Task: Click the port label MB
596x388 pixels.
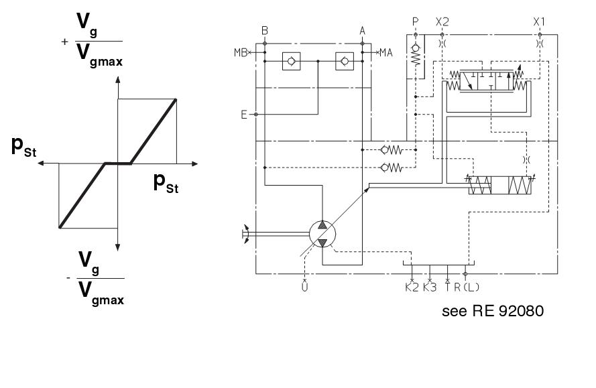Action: point(240,52)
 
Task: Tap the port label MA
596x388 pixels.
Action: point(385,52)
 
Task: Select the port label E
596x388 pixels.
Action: point(245,114)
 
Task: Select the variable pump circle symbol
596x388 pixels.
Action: point(322,234)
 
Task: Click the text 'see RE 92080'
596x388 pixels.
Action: point(493,312)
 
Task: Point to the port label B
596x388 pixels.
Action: point(265,30)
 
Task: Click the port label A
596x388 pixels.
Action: point(363,30)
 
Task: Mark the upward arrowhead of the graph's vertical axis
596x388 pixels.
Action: point(118,80)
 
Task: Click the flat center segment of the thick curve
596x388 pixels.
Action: point(117,163)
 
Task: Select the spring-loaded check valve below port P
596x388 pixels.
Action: point(416,54)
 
